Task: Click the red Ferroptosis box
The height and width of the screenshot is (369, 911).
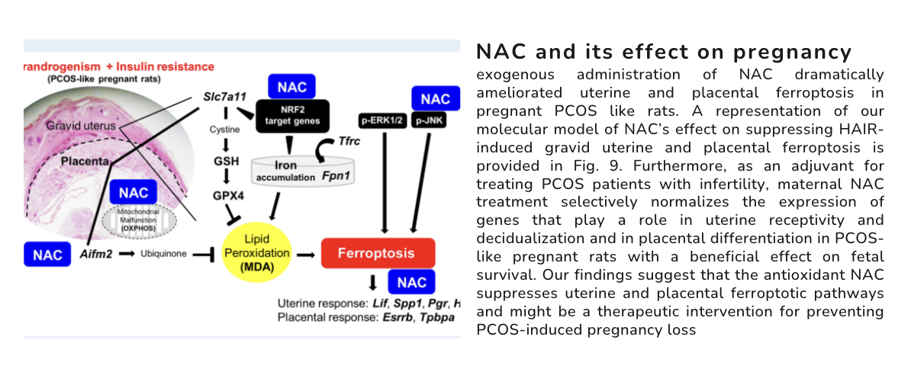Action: pyautogui.click(x=378, y=253)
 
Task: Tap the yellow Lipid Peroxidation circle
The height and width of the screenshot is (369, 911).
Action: pyautogui.click(x=257, y=253)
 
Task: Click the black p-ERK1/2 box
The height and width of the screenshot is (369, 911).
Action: pyautogui.click(x=383, y=120)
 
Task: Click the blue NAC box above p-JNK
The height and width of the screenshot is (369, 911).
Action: pyautogui.click(x=436, y=98)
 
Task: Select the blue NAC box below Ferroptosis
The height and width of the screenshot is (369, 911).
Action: pyautogui.click(x=412, y=283)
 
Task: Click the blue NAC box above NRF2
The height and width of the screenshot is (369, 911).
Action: pyautogui.click(x=292, y=86)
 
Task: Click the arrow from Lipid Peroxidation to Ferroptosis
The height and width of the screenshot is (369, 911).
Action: pyautogui.click(x=305, y=253)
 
